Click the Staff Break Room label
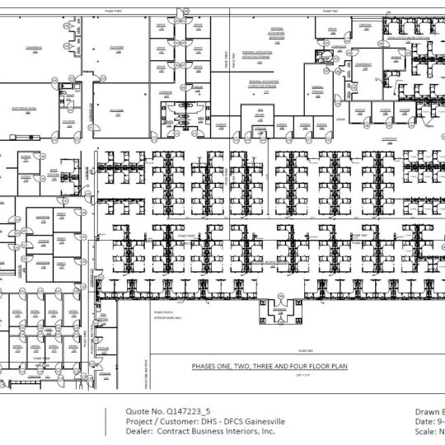(x=30, y=109)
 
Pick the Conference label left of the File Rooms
(x=35, y=49)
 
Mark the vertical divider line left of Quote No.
(x=105, y=420)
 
